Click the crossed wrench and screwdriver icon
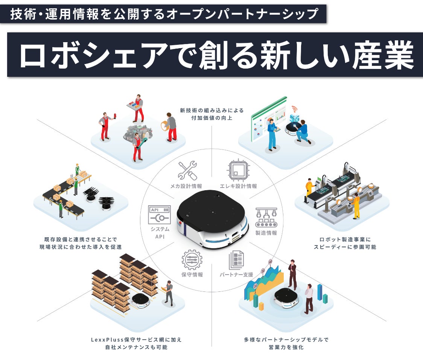point(187,171)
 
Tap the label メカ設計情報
point(186,186)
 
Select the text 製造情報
point(266,233)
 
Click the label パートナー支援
point(236,275)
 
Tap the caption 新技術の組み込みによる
point(211,110)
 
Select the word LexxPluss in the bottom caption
point(105,339)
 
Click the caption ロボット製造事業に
point(345,239)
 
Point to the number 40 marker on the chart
point(270,261)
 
